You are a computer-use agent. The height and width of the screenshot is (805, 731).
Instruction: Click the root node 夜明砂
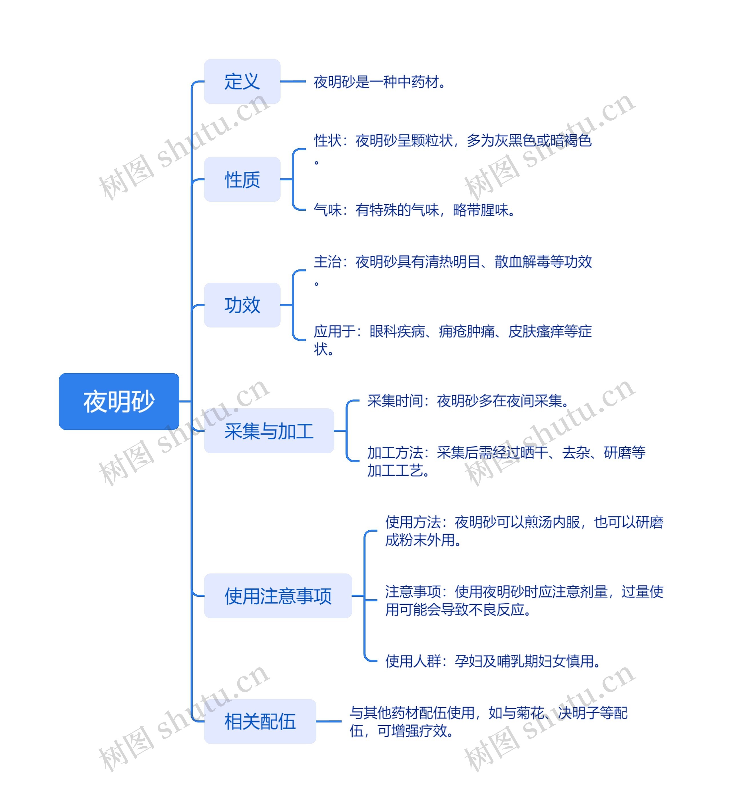[x=119, y=401]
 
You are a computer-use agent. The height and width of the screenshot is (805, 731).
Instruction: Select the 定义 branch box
[x=242, y=81]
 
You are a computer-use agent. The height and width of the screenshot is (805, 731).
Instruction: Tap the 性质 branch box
[x=242, y=179]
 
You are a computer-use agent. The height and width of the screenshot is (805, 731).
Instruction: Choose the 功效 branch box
[x=242, y=305]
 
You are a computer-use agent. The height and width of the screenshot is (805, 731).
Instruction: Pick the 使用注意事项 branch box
[x=278, y=596]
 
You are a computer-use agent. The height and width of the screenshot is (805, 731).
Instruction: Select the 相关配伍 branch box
[x=260, y=722]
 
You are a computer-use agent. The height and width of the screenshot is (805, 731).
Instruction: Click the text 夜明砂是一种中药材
[x=379, y=82]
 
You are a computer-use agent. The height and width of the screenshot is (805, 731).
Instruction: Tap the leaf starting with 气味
[x=414, y=210]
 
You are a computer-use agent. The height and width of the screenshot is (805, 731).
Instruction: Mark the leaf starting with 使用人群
[x=493, y=661]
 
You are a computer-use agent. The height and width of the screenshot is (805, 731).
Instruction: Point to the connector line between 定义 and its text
[x=293, y=81]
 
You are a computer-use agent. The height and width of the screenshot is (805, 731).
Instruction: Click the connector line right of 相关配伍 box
[x=329, y=722]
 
